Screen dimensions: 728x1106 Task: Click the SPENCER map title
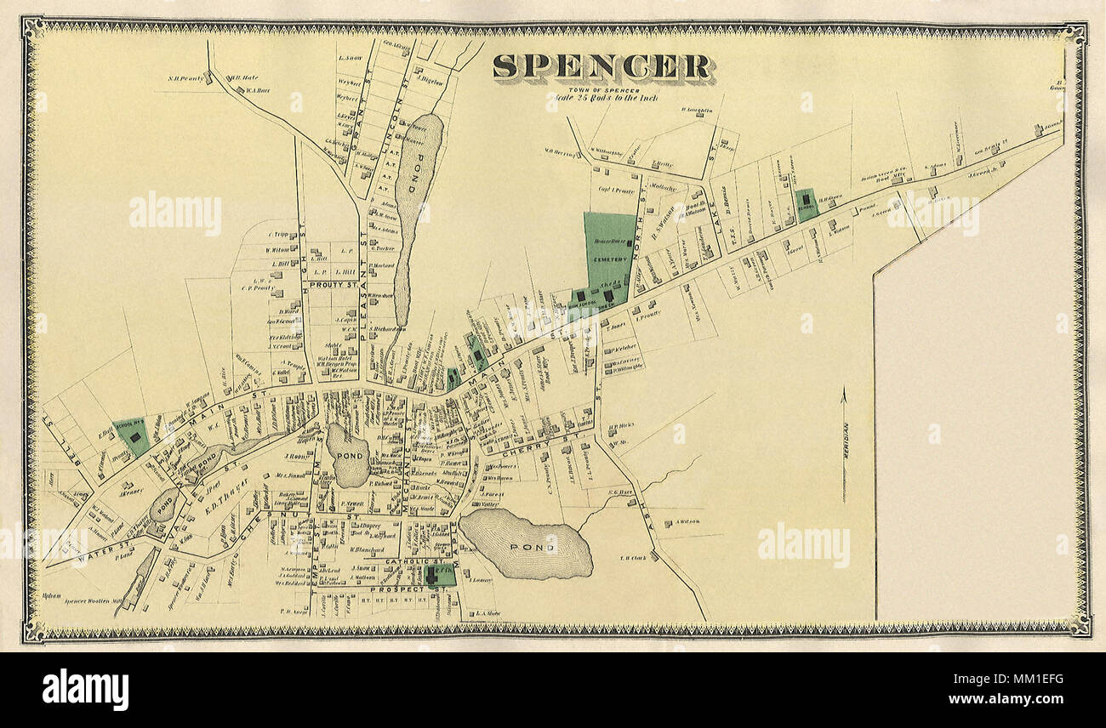[x=602, y=68]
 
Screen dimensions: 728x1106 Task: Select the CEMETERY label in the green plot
[x=610, y=258]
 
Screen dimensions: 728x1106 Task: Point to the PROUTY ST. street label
[x=333, y=285]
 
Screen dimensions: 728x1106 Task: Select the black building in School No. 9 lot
[x=134, y=436]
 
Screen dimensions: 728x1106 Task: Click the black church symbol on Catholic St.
[x=431, y=574]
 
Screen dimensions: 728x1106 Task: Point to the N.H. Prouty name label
[x=187, y=78]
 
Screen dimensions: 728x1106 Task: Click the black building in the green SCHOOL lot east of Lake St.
[x=805, y=198]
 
